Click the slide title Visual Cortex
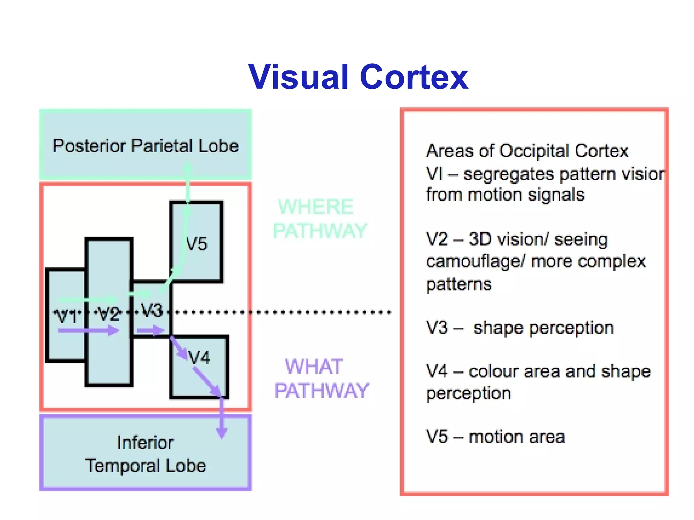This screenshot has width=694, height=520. click(x=358, y=77)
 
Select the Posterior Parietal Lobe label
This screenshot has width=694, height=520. click(x=146, y=146)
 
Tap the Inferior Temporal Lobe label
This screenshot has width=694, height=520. click(x=146, y=454)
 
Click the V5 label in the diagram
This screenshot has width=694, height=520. click(x=197, y=244)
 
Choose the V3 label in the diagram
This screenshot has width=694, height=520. click(x=152, y=310)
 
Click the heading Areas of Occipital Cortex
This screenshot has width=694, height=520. click(x=527, y=151)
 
